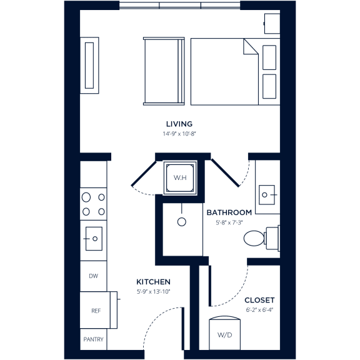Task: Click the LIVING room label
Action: pyautogui.click(x=179, y=124)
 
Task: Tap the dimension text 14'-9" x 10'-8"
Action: pyautogui.click(x=179, y=134)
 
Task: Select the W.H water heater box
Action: pyautogui.click(x=180, y=178)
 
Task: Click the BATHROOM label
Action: pyautogui.click(x=229, y=212)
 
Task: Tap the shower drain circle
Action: pyautogui.click(x=182, y=221)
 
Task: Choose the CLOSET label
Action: pyautogui.click(x=259, y=300)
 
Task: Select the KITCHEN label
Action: pyautogui.click(x=154, y=282)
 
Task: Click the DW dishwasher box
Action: pyautogui.click(x=93, y=276)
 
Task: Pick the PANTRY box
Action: pyautogui.click(x=94, y=340)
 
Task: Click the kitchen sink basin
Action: pyautogui.click(x=93, y=238)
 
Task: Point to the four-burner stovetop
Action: pyautogui.click(x=93, y=204)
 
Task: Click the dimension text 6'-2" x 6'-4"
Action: pyautogui.click(x=259, y=309)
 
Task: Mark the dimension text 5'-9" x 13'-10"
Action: pyautogui.click(x=154, y=292)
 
